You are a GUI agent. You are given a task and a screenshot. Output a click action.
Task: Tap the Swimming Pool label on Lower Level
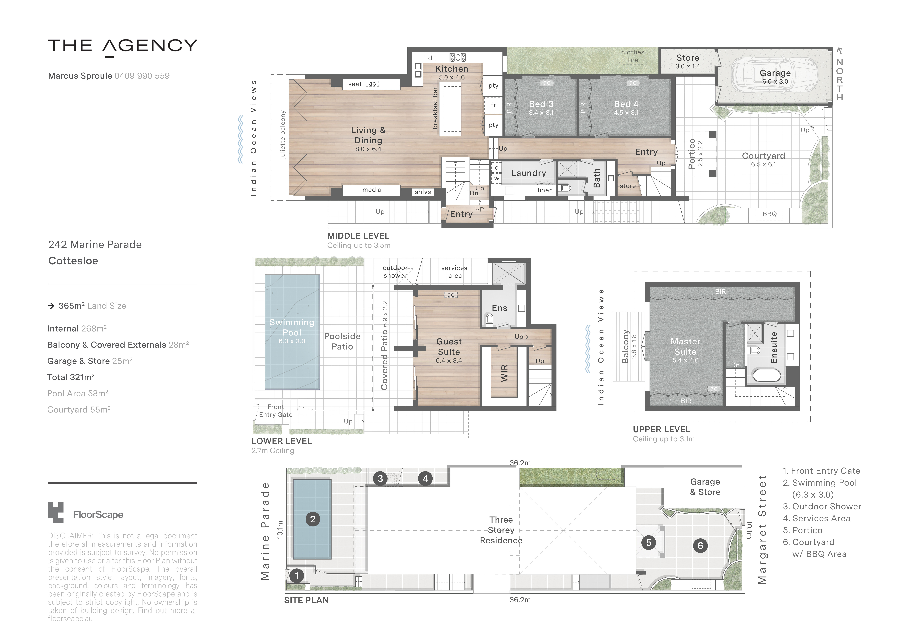tap(292, 327)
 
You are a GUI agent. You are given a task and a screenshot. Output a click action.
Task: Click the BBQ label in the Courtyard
tap(770, 214)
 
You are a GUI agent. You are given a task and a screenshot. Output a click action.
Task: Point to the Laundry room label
tap(528, 173)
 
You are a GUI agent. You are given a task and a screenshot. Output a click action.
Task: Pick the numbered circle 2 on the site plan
tap(313, 519)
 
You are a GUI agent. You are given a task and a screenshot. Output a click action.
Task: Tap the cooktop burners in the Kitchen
tap(458, 57)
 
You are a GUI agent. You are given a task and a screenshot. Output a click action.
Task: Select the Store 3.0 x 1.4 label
tap(688, 61)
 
